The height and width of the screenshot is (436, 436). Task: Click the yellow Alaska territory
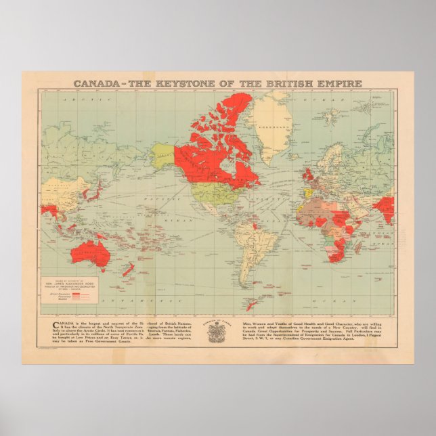(162, 155)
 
